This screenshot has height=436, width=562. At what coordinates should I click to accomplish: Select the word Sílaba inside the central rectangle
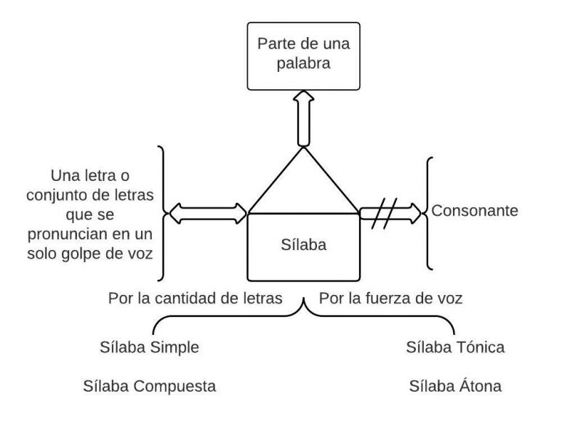coord(304,244)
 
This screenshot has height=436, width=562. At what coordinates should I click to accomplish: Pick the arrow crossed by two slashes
coord(390,213)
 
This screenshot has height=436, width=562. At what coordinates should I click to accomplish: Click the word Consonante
coord(475,211)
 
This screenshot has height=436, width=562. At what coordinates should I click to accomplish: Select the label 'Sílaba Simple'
coord(149,347)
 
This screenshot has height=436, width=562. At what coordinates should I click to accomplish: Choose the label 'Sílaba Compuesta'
coord(149,386)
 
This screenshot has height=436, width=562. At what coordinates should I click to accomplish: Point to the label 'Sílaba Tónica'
coord(455,347)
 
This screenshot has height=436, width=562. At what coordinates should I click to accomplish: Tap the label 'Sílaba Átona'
coord(455,386)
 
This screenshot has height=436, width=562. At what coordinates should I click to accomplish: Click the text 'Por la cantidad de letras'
coord(195,298)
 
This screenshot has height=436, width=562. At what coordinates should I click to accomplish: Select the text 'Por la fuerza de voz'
coord(390,298)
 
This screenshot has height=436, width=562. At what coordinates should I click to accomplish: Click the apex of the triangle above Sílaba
coord(304,148)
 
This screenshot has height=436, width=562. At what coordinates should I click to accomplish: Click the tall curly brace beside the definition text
coord(163,213)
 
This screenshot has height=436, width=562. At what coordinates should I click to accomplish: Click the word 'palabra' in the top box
coord(304,63)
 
